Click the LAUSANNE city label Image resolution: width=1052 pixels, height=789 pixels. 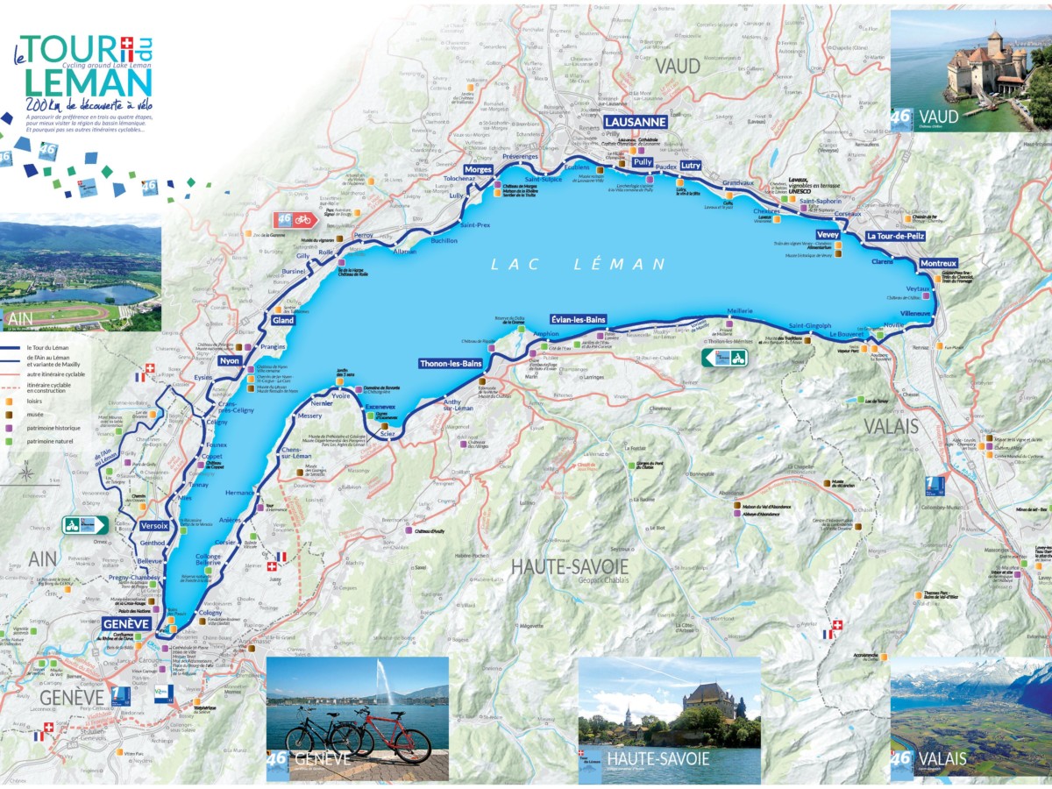pos(636,122)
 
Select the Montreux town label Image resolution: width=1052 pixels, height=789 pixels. pos(938,263)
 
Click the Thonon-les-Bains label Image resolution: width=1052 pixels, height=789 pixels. pos(451,363)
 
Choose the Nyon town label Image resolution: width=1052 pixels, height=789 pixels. pos(230,360)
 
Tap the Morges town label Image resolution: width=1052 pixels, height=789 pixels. pos(478,168)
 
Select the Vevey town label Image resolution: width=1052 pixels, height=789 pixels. pos(828,235)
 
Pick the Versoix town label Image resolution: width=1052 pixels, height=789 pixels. pos(153,526)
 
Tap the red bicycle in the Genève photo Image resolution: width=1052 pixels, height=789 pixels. pos(399,736)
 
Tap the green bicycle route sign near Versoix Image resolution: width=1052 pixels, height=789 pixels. pos(84,525)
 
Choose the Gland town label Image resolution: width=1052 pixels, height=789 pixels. pos(283,321)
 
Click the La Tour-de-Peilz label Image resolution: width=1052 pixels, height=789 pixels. pos(896,237)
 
